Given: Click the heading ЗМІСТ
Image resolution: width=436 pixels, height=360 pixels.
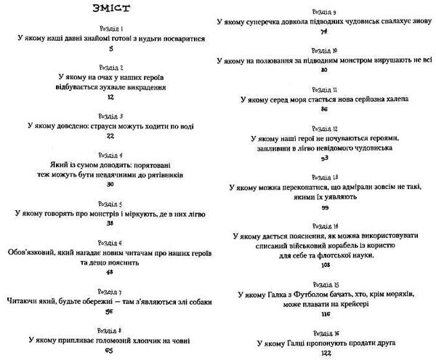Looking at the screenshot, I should [x=110, y=9].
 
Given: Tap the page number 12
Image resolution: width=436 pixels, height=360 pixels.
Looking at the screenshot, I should [x=110, y=96].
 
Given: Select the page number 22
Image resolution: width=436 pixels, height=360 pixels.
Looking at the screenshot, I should [x=110, y=136].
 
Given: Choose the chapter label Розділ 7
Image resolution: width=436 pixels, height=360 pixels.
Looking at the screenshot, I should [x=110, y=292].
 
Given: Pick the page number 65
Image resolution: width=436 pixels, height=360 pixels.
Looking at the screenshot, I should [x=110, y=352].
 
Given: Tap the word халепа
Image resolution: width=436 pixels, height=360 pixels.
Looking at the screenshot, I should [x=392, y=100].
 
